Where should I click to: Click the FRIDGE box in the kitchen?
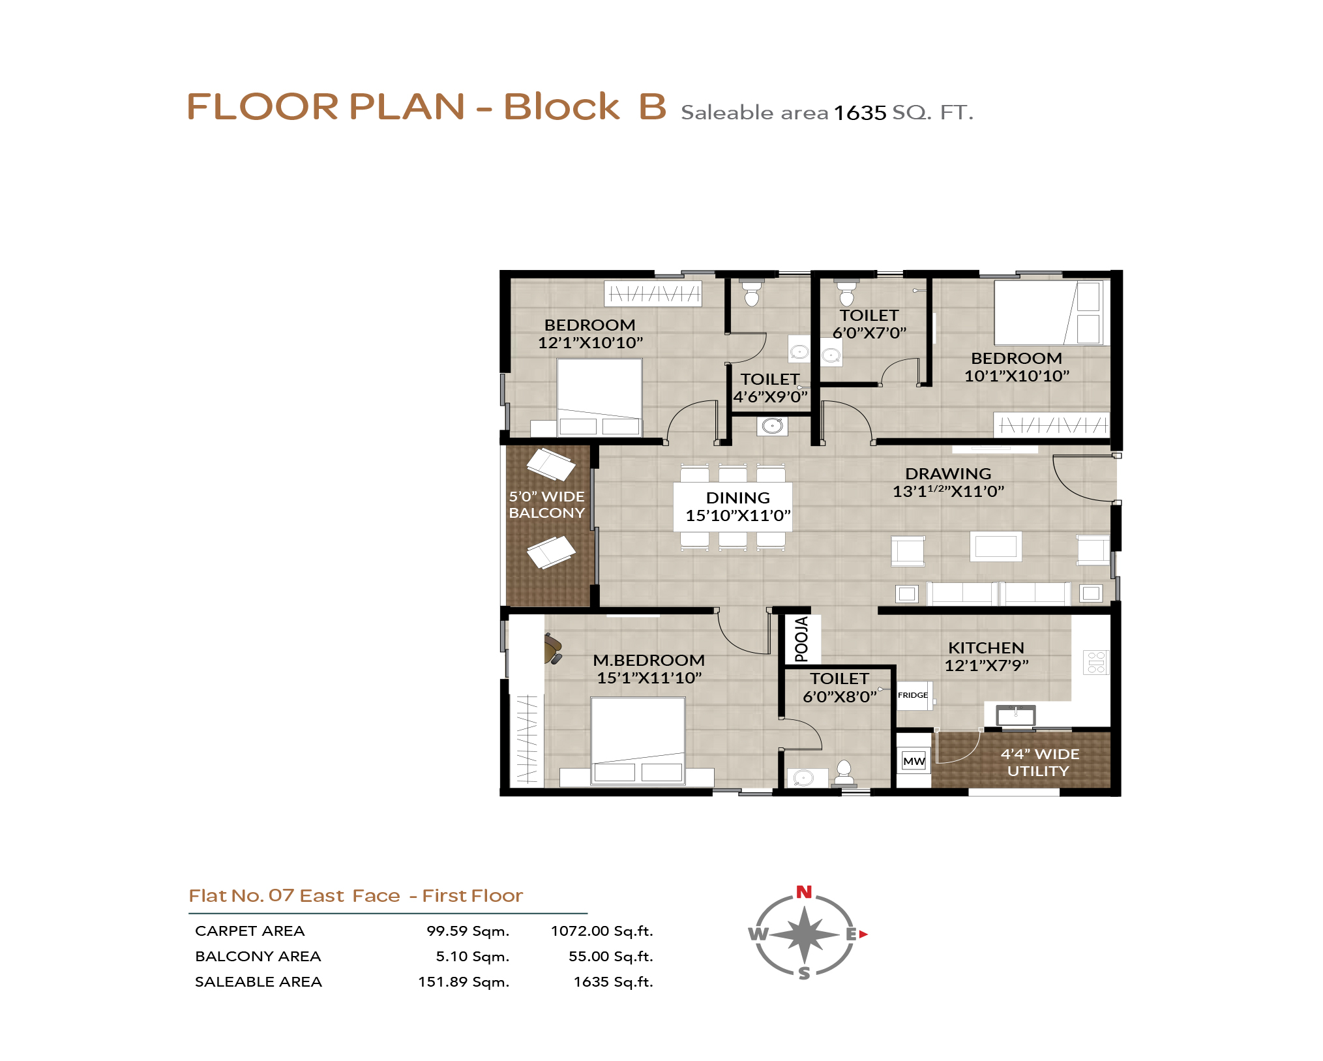pos(914,695)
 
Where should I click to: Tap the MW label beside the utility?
pos(914,761)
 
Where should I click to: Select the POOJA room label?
pos(801,639)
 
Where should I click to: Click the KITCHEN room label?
pos(986,648)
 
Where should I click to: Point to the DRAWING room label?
pos(948,473)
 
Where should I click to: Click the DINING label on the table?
pos(737,498)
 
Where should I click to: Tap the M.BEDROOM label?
pos(649,660)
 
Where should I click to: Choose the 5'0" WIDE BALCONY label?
pos(546,505)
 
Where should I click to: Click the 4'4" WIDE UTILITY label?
pos(1039,762)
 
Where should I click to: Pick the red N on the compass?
pos(804,892)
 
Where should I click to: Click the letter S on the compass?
pos(805,973)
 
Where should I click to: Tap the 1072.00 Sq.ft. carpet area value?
pos(602,931)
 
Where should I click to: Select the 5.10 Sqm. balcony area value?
pos(473,957)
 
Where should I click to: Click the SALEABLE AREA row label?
pos(258,981)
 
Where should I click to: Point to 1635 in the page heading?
pos(860,113)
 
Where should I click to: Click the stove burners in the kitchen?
pos(1096,662)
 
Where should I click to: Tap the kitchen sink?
pos(1015,715)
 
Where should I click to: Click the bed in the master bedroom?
pos(638,741)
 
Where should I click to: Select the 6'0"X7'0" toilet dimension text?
pos(869,333)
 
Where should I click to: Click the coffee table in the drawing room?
pos(996,546)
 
